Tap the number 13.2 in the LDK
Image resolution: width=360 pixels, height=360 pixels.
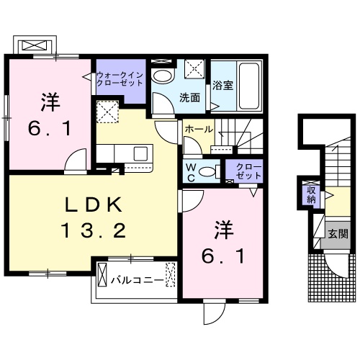click(x=94, y=230)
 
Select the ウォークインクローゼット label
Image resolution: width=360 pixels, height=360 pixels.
click(x=121, y=77)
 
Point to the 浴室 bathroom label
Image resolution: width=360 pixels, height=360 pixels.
click(x=222, y=86)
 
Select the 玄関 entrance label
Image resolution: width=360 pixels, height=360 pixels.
click(x=338, y=233)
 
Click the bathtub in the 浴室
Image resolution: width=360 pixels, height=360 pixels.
click(x=249, y=84)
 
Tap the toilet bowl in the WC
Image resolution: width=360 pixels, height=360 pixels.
click(x=208, y=171)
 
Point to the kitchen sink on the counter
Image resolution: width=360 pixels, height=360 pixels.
click(x=140, y=153)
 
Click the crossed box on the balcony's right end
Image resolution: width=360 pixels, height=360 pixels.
click(x=170, y=274)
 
